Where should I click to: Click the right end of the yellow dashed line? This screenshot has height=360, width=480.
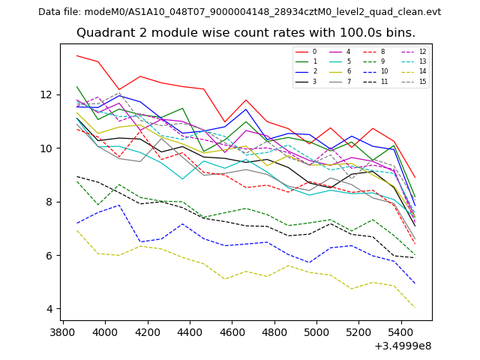[415, 307]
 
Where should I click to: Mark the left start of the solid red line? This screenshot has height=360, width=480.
[76, 55]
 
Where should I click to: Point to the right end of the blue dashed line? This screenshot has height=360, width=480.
[415, 283]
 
